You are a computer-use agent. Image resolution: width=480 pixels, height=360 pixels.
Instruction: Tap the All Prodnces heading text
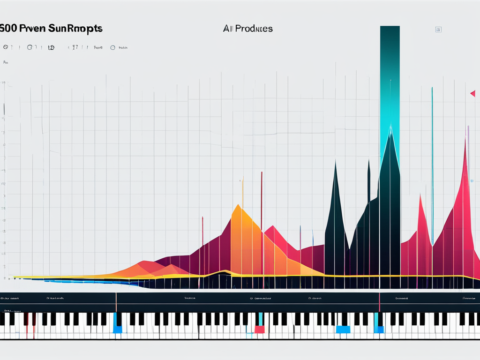coord(248,29)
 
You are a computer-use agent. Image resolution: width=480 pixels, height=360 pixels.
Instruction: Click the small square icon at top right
coord(438,30)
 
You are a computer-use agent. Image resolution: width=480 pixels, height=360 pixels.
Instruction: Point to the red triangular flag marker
coord(472,94)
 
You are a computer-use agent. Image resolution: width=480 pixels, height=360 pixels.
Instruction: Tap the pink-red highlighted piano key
coord(259,329)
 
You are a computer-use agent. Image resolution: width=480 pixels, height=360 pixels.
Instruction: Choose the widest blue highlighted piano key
coord(343,329)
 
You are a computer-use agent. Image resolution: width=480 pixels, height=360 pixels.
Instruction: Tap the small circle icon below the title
coord(112,47)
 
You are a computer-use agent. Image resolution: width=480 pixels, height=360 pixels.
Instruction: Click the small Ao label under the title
coord(6,62)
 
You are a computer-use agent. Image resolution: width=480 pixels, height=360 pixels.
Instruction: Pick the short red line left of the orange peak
coord(202,230)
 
